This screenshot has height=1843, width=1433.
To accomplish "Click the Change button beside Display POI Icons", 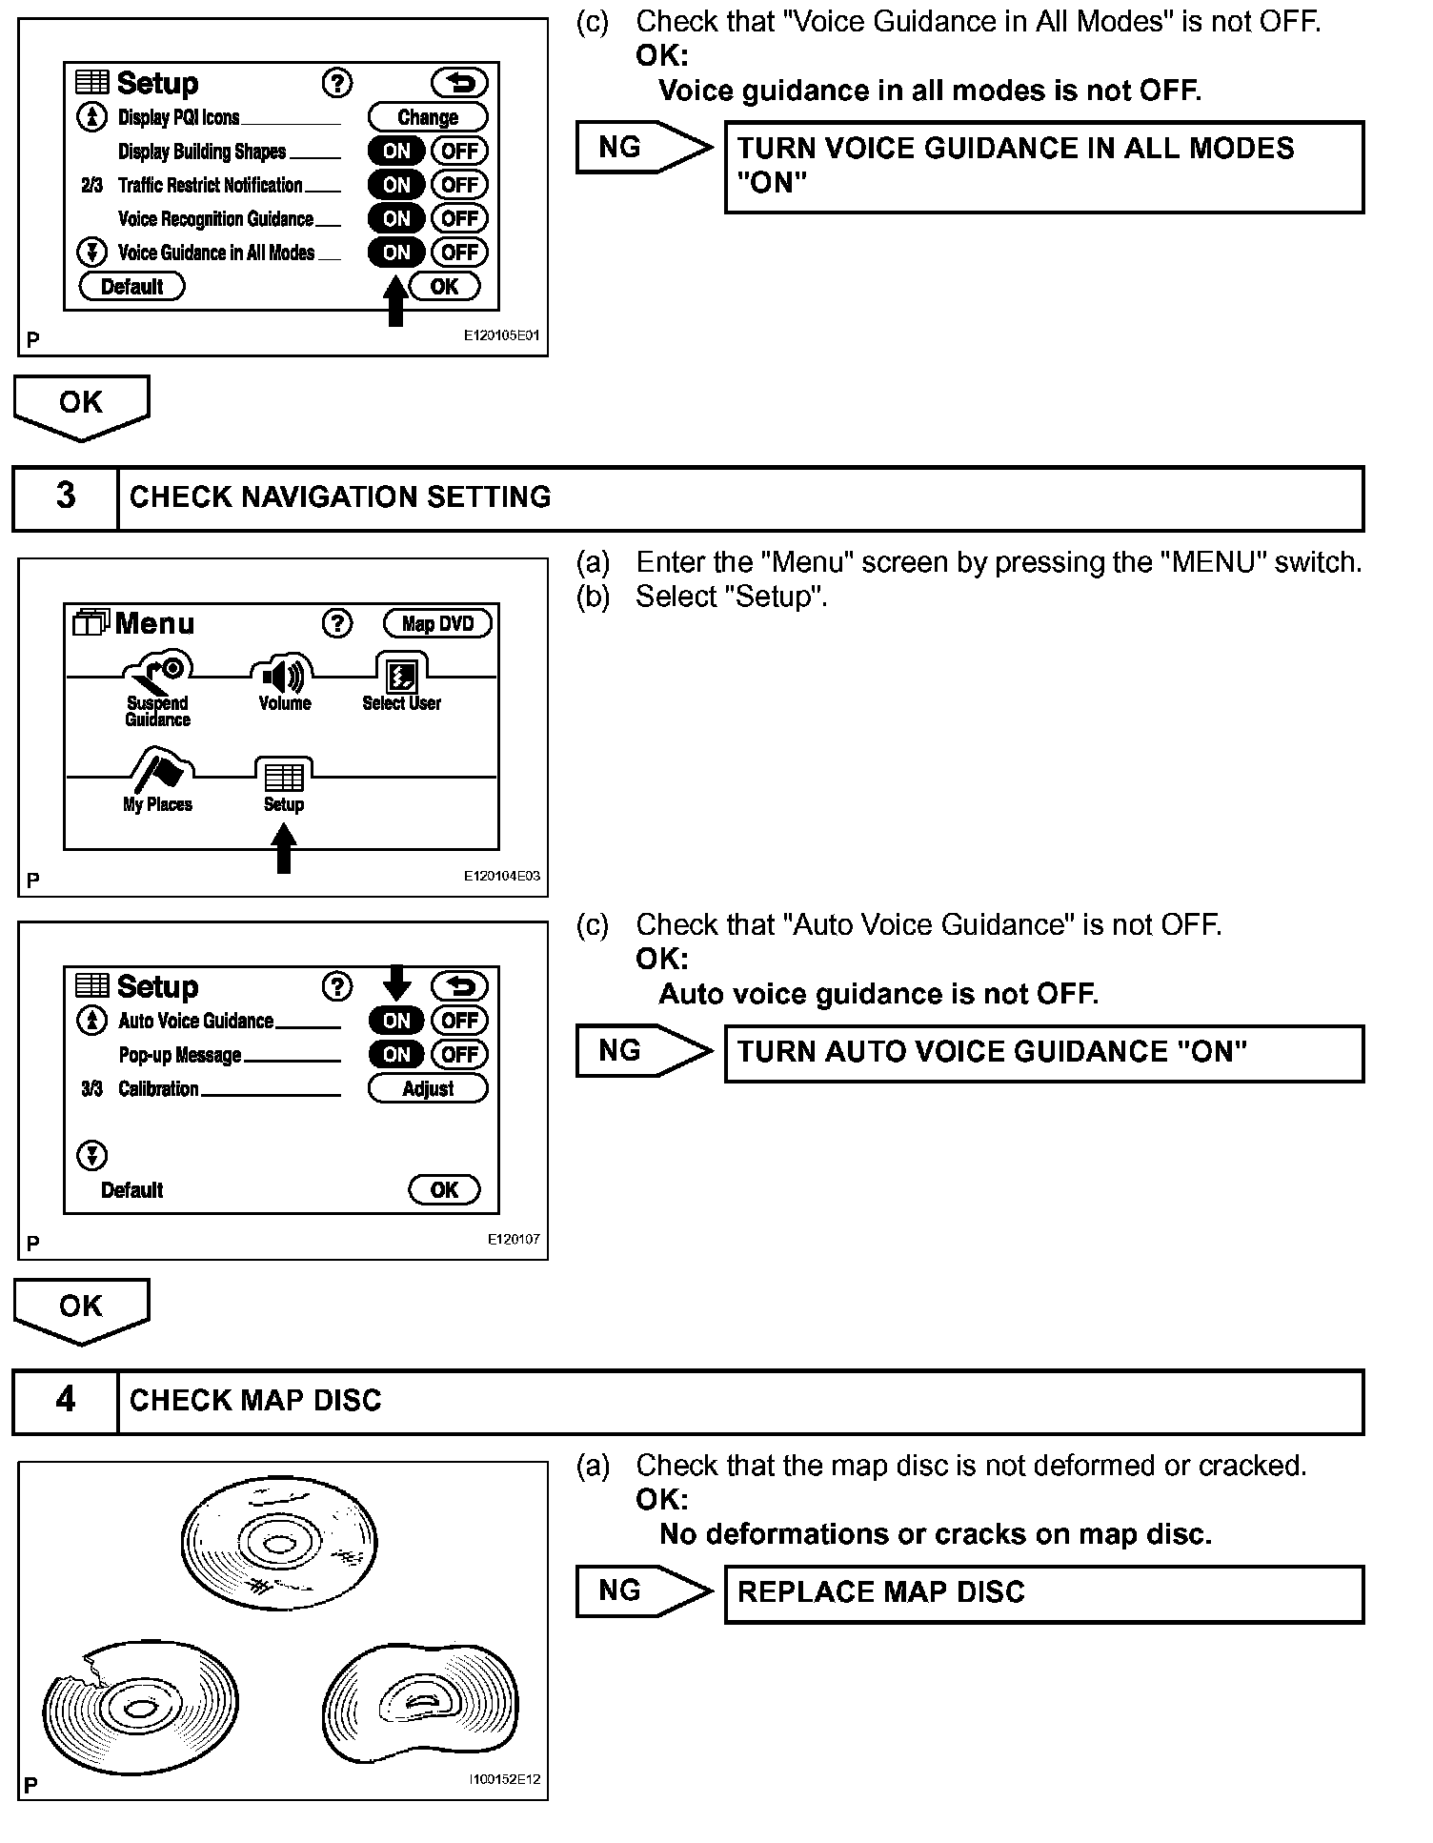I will click(428, 117).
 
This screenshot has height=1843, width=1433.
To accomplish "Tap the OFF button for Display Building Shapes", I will click(459, 151).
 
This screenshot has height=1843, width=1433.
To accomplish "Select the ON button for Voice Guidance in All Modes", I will click(395, 253).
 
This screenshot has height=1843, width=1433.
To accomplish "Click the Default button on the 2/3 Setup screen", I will click(131, 286).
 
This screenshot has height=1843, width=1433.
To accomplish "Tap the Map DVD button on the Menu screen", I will click(437, 623).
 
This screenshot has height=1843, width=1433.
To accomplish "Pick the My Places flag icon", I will click(159, 770).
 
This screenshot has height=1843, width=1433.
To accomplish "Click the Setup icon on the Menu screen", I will click(284, 777).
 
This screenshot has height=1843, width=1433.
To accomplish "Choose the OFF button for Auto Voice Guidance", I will click(459, 1020).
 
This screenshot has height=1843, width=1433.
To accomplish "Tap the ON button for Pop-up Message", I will click(395, 1054).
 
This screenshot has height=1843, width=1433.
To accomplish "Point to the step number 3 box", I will click(66, 496).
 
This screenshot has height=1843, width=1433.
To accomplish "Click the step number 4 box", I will click(66, 1400).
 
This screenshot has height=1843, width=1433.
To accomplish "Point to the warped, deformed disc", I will click(420, 1703).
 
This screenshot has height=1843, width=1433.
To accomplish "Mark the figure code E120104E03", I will click(501, 876).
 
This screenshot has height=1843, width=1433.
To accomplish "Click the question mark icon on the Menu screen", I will click(337, 623).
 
